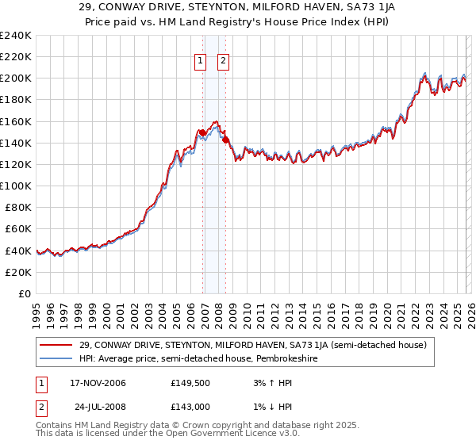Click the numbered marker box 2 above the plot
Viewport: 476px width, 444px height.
click(x=223, y=60)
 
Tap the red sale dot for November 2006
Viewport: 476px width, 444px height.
click(x=202, y=132)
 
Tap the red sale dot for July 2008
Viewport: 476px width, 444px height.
click(x=226, y=140)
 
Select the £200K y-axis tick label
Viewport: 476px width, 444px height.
click(x=16, y=78)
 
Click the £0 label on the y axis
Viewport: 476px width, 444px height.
click(x=25, y=293)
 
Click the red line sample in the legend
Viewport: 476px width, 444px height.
click(x=56, y=345)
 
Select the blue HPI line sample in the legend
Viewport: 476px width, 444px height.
click(x=56, y=358)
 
